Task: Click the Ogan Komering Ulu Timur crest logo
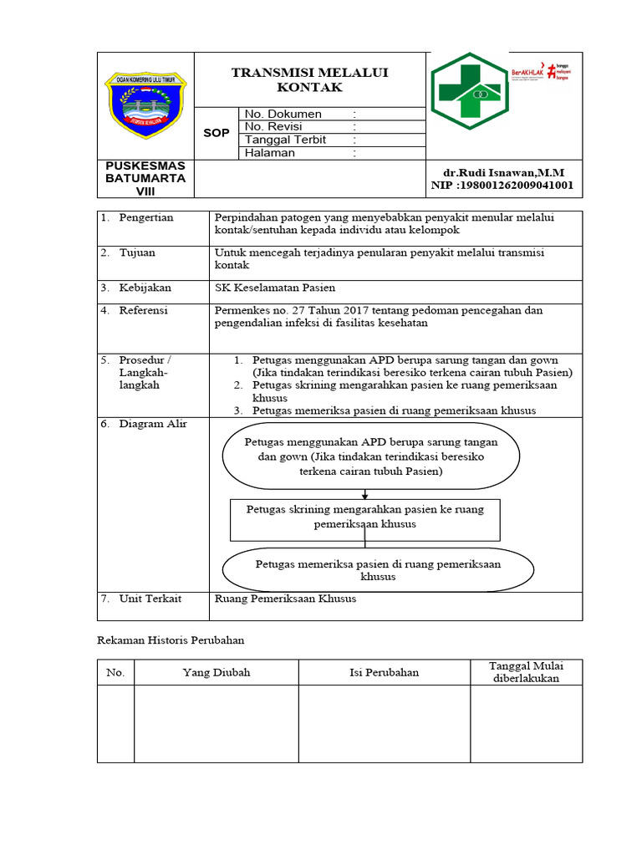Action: (x=145, y=104)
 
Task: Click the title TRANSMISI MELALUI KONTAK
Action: (x=310, y=80)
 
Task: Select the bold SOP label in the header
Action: (x=217, y=133)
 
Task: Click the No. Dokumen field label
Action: (x=283, y=114)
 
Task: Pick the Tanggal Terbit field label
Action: (x=285, y=140)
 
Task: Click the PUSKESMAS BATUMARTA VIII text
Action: (x=145, y=178)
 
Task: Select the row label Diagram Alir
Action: (x=153, y=424)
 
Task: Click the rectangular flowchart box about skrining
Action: (x=364, y=519)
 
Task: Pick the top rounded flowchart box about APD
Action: (x=371, y=456)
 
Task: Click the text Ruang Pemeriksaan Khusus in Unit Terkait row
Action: (x=285, y=599)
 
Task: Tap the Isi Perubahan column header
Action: (x=384, y=672)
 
